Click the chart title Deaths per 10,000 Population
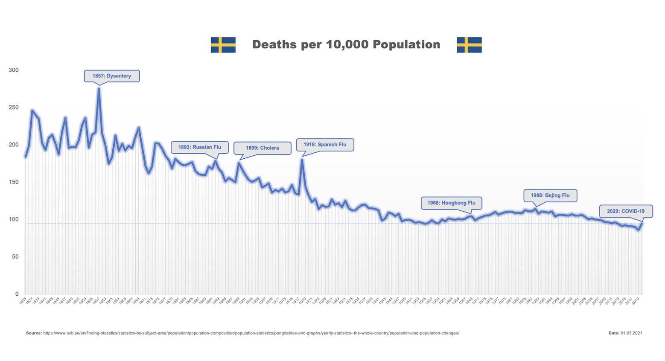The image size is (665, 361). [x=346, y=44]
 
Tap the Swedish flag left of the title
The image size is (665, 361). [x=223, y=45]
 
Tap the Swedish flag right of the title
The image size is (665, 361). [x=469, y=45]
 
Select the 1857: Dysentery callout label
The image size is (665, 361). [x=112, y=76]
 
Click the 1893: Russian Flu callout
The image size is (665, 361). [x=200, y=147]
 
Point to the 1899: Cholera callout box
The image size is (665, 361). [x=262, y=148]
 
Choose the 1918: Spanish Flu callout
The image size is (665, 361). [x=325, y=145]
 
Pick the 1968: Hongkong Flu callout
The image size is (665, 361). [x=451, y=203]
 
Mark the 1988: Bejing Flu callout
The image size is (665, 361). [x=550, y=195]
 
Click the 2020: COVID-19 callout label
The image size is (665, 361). [x=626, y=211]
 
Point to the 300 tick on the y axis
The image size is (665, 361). [x=14, y=70]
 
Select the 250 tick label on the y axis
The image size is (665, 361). [x=14, y=107]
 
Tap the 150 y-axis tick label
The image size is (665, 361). [x=14, y=182]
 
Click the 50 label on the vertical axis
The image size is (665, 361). [x=15, y=256]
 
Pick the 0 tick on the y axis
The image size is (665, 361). [x=17, y=294]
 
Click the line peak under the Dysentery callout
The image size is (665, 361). [x=99, y=88]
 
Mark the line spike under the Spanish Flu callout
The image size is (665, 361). [x=302, y=160]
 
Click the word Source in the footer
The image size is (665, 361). [x=34, y=333]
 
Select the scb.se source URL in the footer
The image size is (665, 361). [x=251, y=333]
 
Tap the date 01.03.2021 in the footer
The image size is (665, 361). [x=631, y=333]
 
